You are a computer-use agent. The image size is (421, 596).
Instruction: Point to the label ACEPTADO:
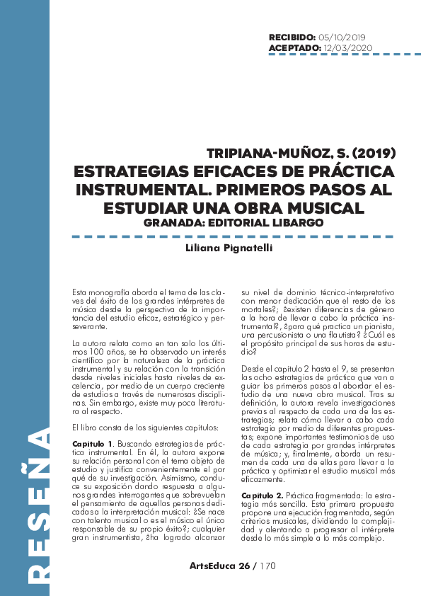(294, 47)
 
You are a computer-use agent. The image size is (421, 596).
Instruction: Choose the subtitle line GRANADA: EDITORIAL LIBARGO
(233, 222)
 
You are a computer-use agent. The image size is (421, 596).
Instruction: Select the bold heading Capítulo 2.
(262, 475)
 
